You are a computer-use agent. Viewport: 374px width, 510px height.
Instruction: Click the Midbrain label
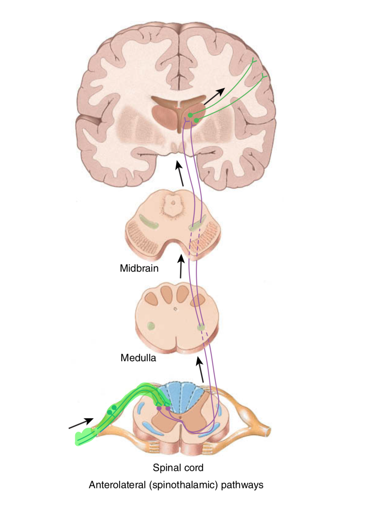[139, 268]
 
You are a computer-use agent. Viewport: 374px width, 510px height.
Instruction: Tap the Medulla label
[138, 358]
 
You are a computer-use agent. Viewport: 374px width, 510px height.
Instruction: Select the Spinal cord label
[178, 468]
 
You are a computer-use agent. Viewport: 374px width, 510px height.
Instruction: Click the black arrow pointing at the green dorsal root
[81, 423]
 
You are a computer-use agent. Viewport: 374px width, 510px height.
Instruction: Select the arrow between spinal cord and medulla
[200, 369]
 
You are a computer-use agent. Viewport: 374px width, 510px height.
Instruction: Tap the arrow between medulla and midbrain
[181, 267]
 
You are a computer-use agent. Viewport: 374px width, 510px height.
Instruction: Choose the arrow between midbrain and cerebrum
[180, 173]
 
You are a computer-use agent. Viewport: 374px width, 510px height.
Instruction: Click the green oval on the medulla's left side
[151, 326]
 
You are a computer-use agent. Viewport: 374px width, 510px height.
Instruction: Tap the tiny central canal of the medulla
[175, 309]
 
